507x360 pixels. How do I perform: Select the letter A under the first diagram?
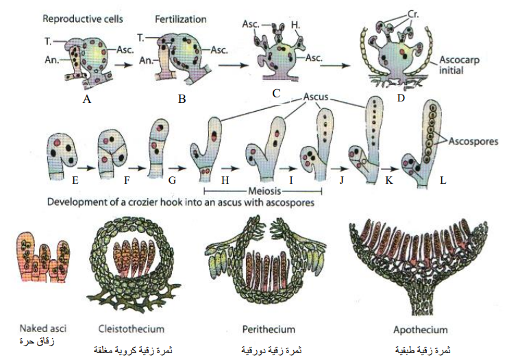[86, 99]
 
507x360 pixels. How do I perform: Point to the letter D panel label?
[401, 97]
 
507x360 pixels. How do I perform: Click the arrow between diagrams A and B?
[124, 64]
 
